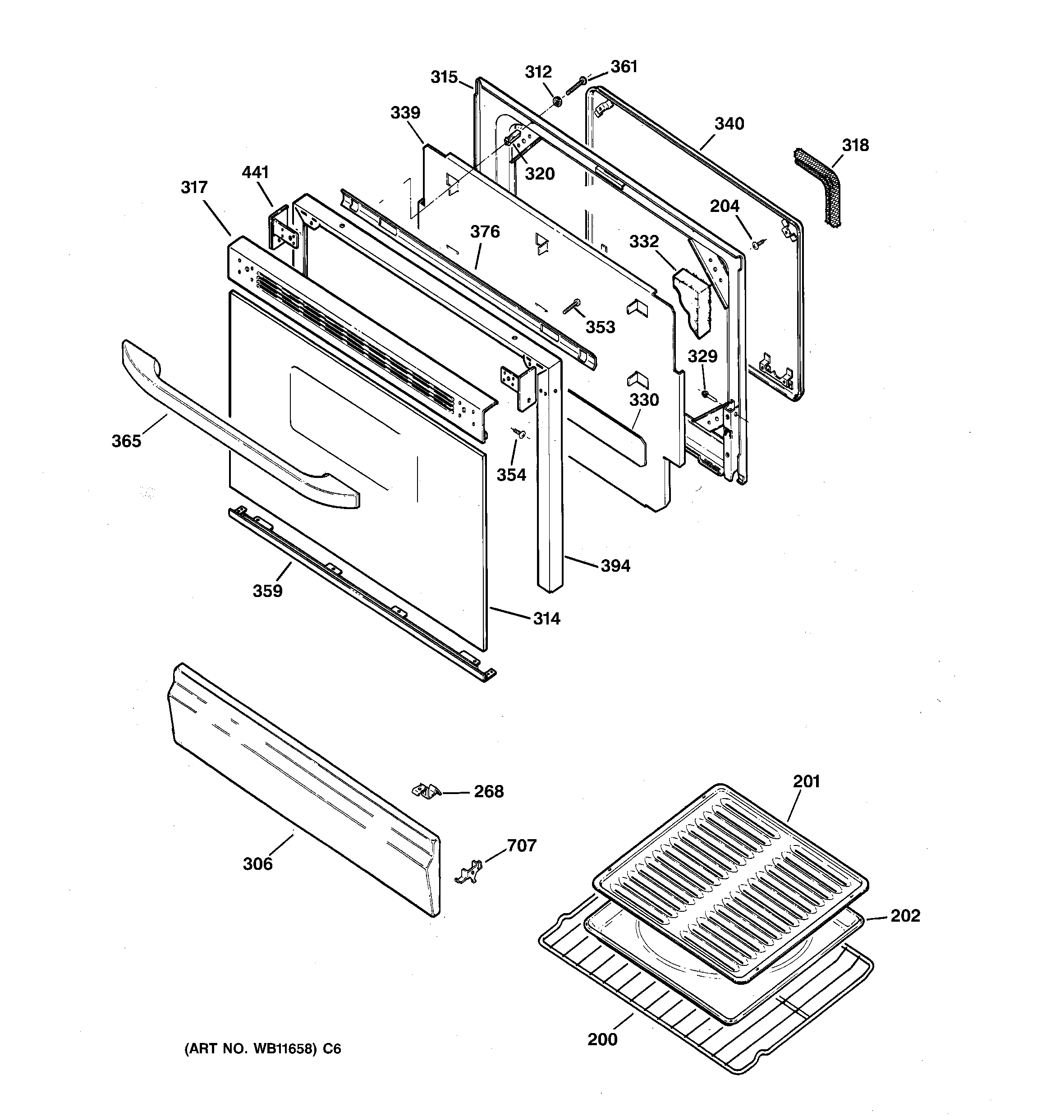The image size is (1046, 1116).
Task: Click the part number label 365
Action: pyautogui.click(x=126, y=441)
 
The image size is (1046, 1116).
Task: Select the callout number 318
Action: pyautogui.click(x=855, y=145)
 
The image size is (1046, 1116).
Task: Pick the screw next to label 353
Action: pyautogui.click(x=571, y=307)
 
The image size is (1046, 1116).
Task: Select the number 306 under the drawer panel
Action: pyautogui.click(x=258, y=864)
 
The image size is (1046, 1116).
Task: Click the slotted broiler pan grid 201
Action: pyautogui.click(x=730, y=853)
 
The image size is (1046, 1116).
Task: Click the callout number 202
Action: pyautogui.click(x=905, y=916)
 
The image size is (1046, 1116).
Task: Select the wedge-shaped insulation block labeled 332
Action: pyautogui.click(x=694, y=300)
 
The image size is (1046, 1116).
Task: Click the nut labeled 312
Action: pyautogui.click(x=557, y=101)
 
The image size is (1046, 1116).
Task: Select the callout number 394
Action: pyautogui.click(x=615, y=566)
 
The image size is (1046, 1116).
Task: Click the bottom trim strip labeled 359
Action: pyautogui.click(x=359, y=594)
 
